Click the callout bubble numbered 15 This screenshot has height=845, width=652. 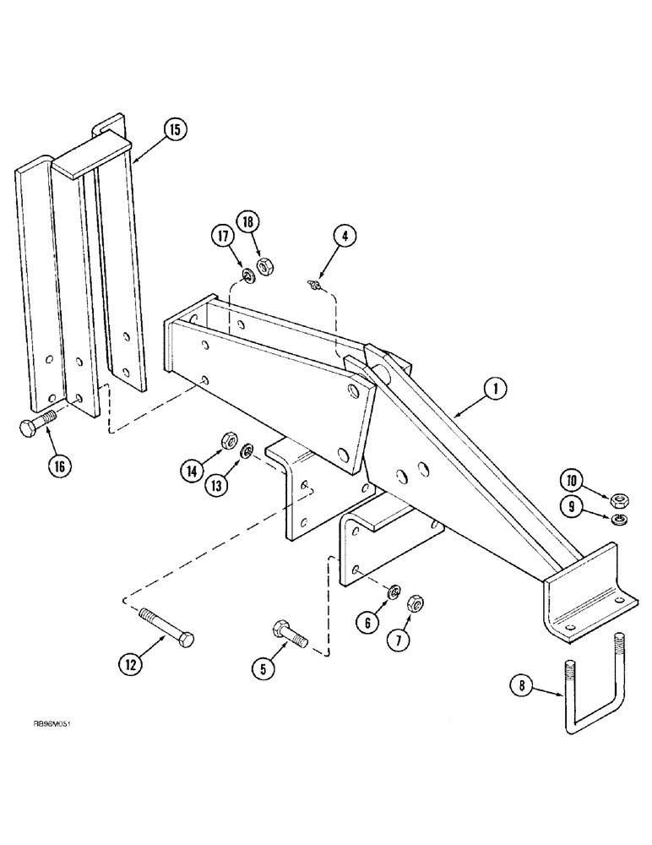click(174, 130)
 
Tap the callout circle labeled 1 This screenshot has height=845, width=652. click(496, 389)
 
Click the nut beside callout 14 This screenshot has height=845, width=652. click(228, 440)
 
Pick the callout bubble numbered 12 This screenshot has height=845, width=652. click(130, 665)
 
